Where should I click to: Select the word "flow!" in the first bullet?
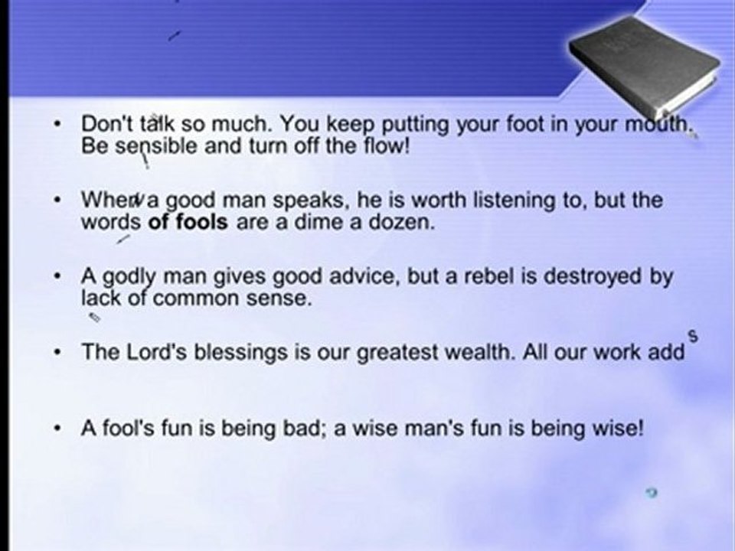(x=385, y=146)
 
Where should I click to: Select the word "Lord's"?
(x=149, y=353)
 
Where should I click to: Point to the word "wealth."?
(x=470, y=353)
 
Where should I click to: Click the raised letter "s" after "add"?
(x=694, y=334)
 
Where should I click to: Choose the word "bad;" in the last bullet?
(x=302, y=429)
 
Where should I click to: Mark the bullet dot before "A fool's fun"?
(x=59, y=429)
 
